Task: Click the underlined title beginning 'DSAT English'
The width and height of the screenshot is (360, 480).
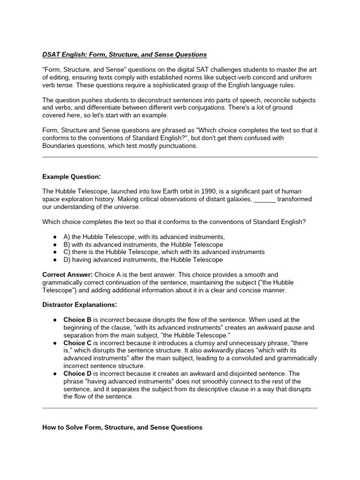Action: (124, 55)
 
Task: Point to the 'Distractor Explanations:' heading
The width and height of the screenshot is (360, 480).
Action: (78, 305)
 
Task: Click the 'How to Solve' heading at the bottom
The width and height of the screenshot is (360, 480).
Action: (122, 427)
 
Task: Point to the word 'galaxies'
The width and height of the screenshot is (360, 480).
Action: (237, 199)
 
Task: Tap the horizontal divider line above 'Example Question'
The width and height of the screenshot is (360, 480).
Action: (180, 157)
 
